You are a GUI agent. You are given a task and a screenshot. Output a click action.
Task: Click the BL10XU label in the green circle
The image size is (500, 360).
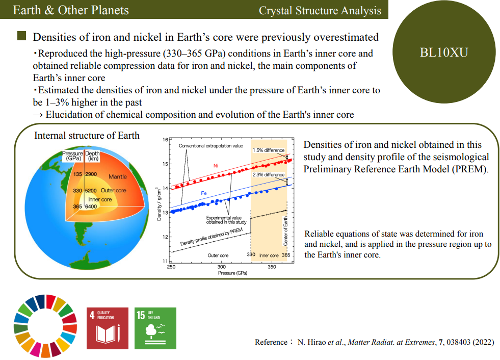pos(444,53)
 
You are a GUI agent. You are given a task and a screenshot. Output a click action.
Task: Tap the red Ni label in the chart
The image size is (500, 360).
pos(216,166)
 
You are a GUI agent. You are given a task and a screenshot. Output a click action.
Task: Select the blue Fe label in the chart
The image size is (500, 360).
pos(204,193)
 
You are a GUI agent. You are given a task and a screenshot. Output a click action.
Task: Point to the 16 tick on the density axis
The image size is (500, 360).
pos(165,140)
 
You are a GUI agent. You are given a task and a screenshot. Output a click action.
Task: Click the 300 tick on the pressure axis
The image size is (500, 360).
pos(221,267)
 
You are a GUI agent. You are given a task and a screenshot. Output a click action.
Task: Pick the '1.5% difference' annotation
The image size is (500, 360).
pos(269,150)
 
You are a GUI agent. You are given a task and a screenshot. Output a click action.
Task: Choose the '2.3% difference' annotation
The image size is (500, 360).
pos(269,175)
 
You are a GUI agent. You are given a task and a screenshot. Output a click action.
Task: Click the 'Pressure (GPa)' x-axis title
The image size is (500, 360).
pos(232,273)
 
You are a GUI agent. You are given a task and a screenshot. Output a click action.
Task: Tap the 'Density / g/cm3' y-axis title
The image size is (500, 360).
pos(159,203)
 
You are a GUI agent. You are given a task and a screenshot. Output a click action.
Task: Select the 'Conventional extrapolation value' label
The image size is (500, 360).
pos(211,146)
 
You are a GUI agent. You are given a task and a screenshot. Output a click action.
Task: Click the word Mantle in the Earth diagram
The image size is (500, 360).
pos(118,176)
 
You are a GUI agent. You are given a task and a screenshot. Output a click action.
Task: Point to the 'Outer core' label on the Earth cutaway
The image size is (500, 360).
pos(114,190)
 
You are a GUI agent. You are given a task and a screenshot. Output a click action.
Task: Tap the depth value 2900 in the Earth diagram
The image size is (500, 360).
pos(91,174)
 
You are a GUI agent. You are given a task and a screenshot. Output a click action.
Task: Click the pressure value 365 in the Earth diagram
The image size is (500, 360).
pos(77,207)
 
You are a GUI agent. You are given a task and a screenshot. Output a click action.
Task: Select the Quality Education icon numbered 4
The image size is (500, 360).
pos(108,328)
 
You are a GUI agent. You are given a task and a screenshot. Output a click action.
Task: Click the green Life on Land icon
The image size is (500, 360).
pos(155,328)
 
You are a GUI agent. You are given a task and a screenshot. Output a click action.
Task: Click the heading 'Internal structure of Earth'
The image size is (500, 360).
pos(87,136)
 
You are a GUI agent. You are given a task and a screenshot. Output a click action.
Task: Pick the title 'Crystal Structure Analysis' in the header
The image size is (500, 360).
pos(320,11)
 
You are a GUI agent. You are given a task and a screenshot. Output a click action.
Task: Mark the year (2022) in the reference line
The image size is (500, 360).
pos(483,342)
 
